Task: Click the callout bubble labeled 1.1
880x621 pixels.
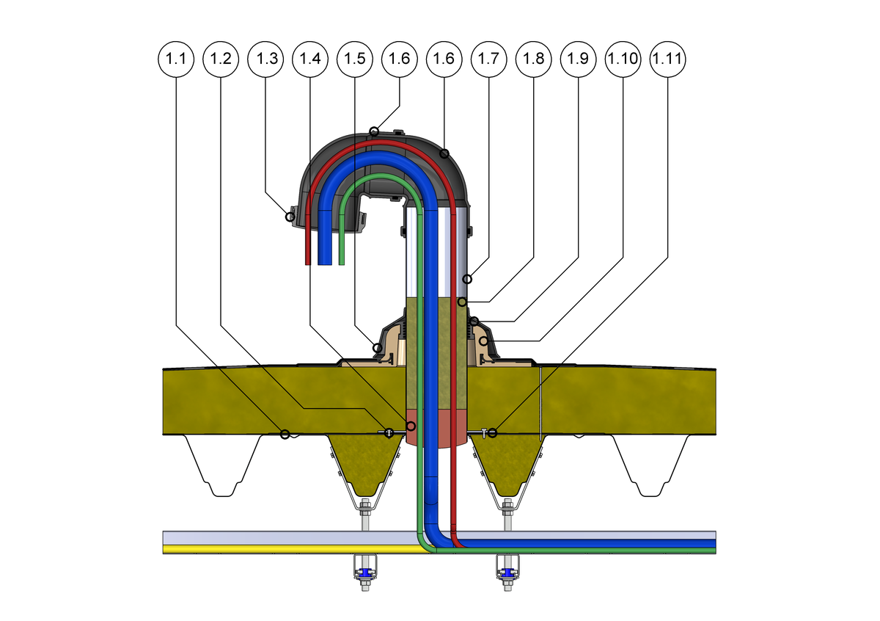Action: point(176,59)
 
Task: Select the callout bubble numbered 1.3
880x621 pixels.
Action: point(265,59)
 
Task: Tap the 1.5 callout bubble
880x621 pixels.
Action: point(355,59)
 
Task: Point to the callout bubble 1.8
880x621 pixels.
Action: point(533,59)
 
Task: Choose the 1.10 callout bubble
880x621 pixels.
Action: point(623,59)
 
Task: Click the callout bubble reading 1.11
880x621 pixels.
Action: point(668,59)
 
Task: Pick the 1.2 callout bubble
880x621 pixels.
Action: point(221,59)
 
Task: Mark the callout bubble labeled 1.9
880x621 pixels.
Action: point(578,59)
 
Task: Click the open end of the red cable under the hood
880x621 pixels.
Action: point(309,261)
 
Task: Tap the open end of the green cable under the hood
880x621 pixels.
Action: point(341,261)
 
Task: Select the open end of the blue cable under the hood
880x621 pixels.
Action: point(325,261)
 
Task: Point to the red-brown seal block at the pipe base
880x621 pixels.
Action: point(436,427)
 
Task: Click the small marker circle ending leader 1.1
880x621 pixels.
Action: point(285,434)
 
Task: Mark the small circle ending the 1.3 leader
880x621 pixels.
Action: point(290,217)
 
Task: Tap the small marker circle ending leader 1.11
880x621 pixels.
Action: point(492,433)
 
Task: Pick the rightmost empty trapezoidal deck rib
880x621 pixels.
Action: point(650,462)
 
